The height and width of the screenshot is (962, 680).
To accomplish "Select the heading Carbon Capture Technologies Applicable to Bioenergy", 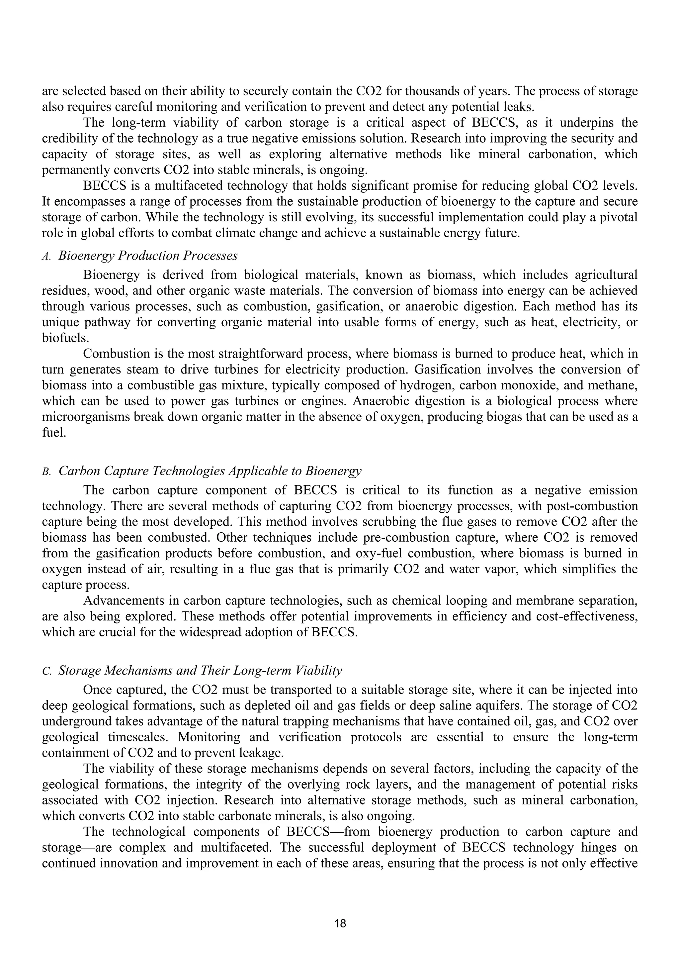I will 210,471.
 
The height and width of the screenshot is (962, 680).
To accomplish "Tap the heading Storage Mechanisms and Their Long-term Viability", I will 200,670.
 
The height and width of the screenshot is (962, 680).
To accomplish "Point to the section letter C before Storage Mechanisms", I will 46,672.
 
